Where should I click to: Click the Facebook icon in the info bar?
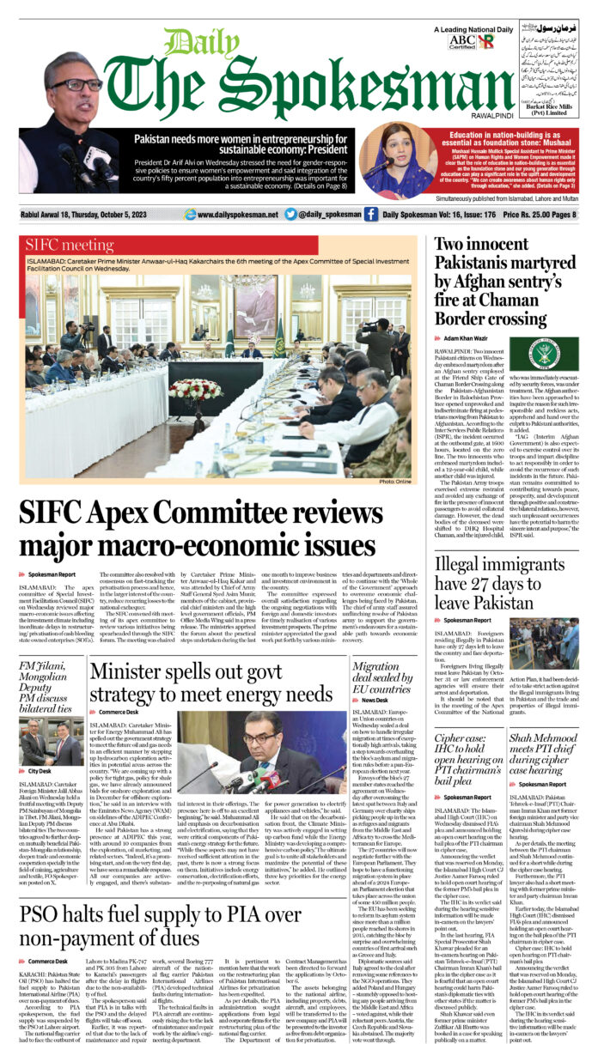point(370,215)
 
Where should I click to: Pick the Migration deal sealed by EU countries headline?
point(381,677)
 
